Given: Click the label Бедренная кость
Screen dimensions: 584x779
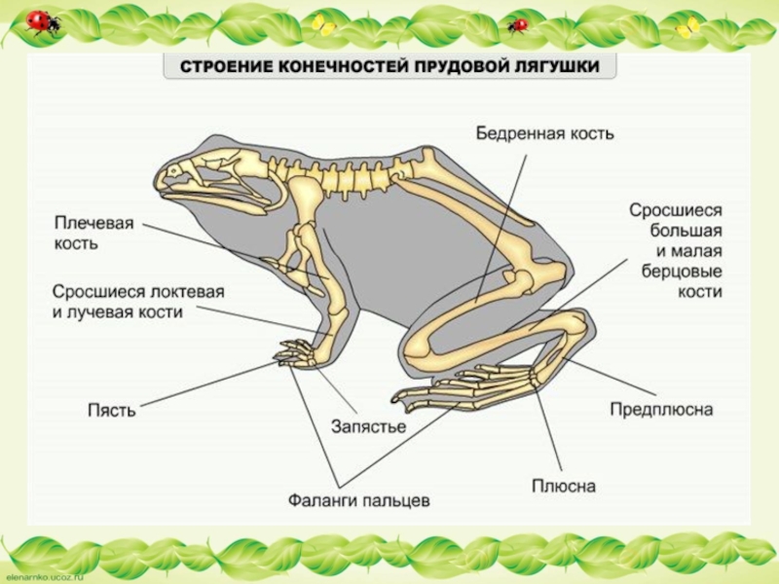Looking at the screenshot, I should click(x=544, y=132).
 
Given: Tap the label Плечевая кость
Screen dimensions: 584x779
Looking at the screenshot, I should click(x=93, y=233).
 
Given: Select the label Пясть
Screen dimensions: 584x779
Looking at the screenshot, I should click(x=111, y=411).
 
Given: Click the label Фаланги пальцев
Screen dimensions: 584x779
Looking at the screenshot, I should click(x=358, y=501).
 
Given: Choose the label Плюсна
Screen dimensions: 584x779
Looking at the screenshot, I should click(x=563, y=485).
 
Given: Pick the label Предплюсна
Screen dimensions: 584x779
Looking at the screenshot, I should click(x=661, y=410).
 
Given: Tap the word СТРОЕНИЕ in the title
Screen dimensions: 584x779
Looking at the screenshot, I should click(x=215, y=67).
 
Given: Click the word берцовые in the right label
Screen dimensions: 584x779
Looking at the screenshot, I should click(x=682, y=272).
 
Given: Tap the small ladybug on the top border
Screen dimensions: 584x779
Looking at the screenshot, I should click(x=517, y=24).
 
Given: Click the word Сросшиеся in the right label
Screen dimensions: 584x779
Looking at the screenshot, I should click(x=674, y=209).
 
